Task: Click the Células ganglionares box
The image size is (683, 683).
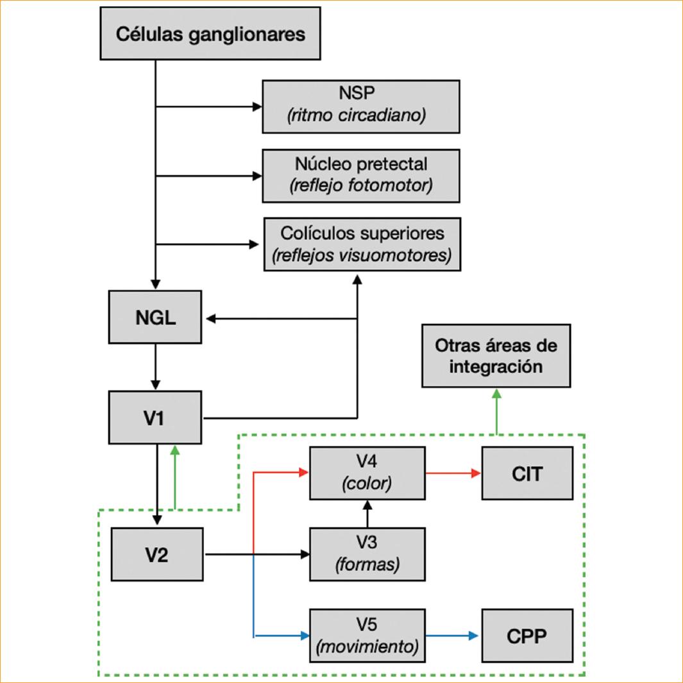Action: (210, 33)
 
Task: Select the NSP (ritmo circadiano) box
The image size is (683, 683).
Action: (360, 106)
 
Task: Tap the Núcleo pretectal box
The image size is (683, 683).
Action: (360, 175)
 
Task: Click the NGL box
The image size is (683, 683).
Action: (156, 318)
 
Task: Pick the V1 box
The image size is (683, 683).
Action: (156, 418)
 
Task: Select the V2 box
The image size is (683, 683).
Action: (157, 555)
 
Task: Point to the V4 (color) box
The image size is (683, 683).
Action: (367, 473)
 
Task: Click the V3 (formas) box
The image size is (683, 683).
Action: (367, 554)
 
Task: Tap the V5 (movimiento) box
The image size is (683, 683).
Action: (367, 636)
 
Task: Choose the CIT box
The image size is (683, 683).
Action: (527, 474)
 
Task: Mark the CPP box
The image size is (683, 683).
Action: (527, 636)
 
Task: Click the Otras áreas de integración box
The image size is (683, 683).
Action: (496, 355)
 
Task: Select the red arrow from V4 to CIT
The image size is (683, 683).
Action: (453, 474)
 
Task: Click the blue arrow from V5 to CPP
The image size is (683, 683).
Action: (453, 636)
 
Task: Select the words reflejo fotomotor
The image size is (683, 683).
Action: (360, 186)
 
